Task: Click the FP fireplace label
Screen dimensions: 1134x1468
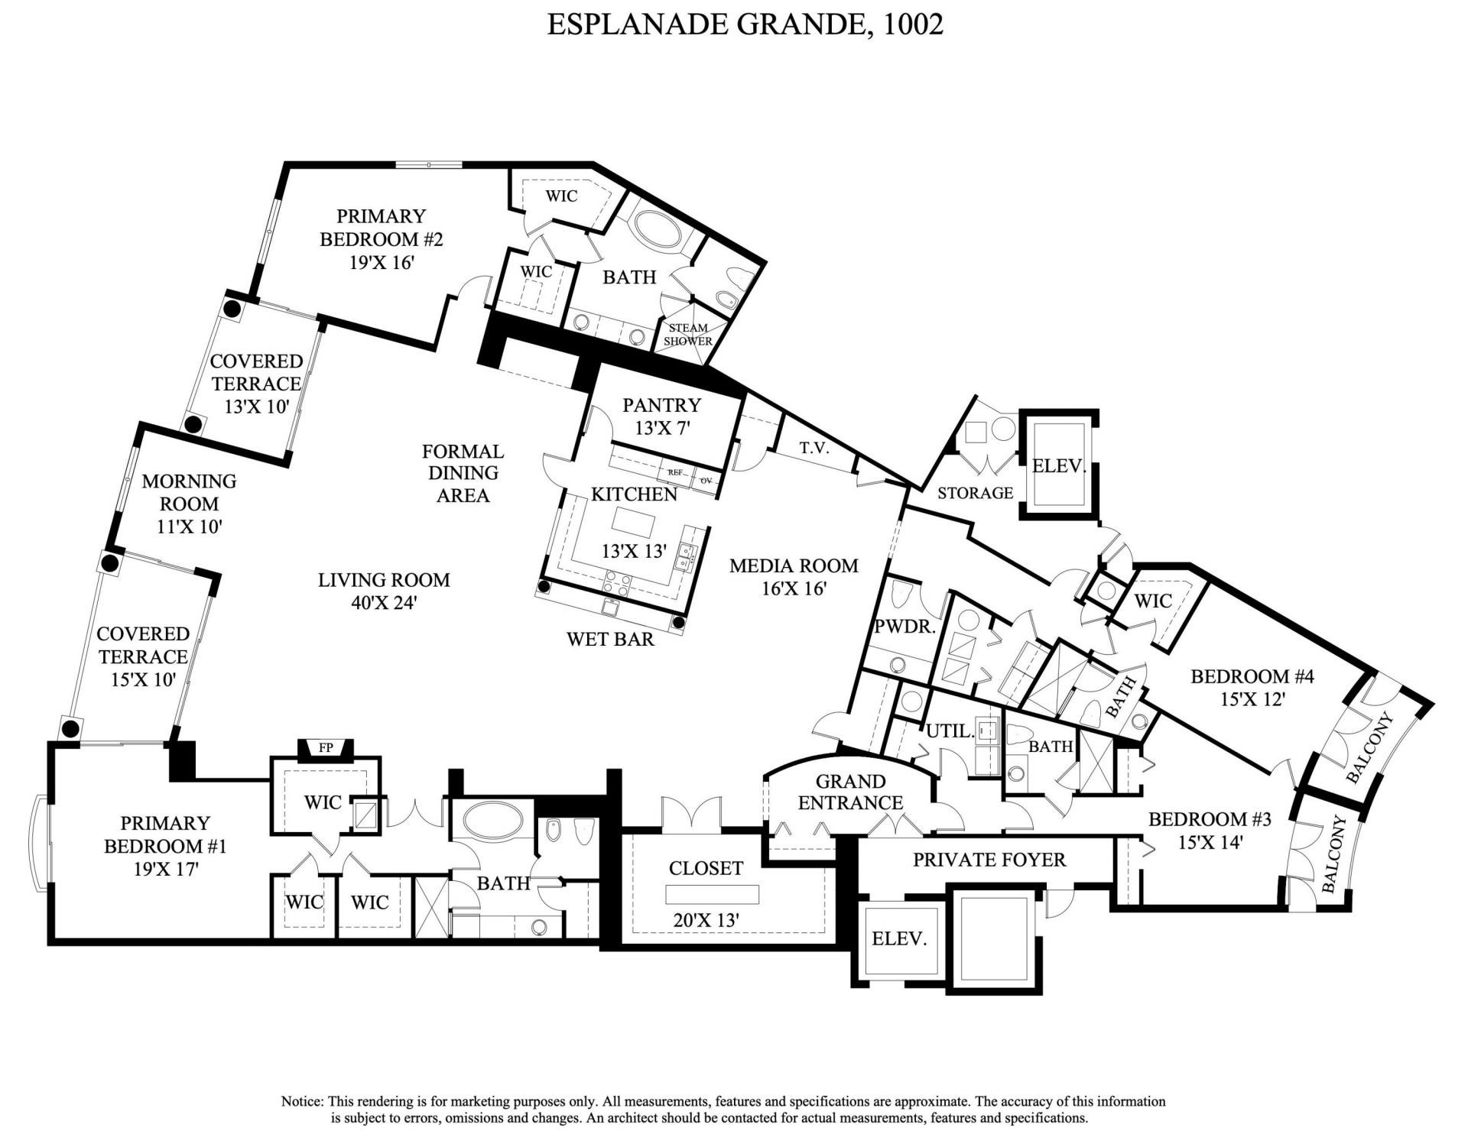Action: [x=326, y=747]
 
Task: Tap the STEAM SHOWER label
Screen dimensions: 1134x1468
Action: [x=687, y=335]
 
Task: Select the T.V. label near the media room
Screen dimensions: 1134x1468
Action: [x=815, y=449]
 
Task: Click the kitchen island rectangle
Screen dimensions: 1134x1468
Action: [x=634, y=523]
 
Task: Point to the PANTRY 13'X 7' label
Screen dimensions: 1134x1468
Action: [x=661, y=416]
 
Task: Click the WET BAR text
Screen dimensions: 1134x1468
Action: [x=610, y=639]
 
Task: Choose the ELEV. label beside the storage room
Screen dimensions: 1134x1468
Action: [x=1059, y=466]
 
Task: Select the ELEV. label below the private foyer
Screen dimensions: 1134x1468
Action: [x=899, y=938]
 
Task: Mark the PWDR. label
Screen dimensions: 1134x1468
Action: [x=905, y=627]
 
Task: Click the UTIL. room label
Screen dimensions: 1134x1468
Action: [x=950, y=731]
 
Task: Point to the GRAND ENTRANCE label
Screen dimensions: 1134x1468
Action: [x=850, y=792]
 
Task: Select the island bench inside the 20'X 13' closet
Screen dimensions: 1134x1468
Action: [x=712, y=894]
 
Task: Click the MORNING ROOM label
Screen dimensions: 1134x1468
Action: [x=189, y=492]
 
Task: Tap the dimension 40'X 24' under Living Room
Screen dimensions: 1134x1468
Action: [x=384, y=602]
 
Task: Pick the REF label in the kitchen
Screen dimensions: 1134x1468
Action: [x=675, y=472]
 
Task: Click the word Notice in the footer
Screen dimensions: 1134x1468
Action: [x=303, y=1101]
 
